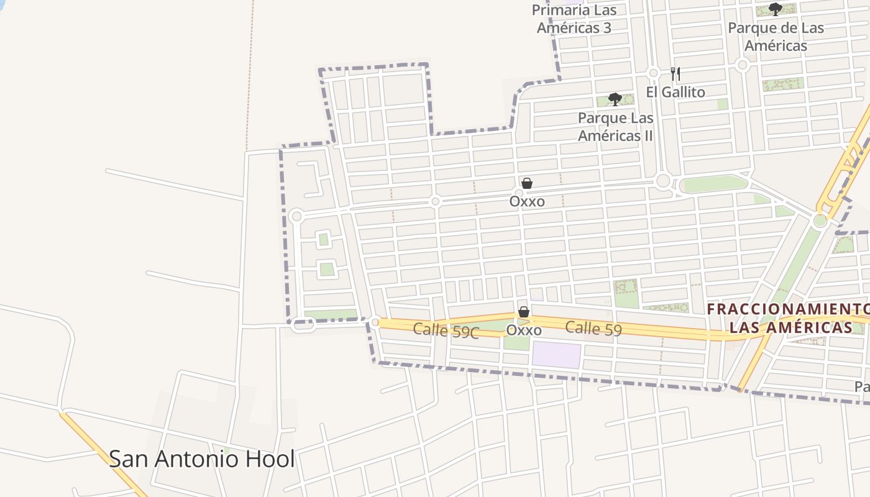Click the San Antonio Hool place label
tap(201, 459)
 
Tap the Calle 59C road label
tap(446, 331)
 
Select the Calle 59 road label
tap(593, 329)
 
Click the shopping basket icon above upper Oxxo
tap(527, 183)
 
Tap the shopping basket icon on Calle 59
tap(524, 312)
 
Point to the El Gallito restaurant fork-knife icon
tap(675, 75)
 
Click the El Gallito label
tap(675, 93)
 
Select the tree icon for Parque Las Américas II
tap(615, 99)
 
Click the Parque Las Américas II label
tap(615, 127)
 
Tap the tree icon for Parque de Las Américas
tap(775, 9)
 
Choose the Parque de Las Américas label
tap(776, 37)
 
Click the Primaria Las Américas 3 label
tap(574, 19)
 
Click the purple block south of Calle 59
tap(556, 354)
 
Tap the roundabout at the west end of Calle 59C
tap(375, 322)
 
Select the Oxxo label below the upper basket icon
tap(527, 201)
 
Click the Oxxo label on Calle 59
tap(524, 331)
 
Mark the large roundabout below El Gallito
tap(663, 181)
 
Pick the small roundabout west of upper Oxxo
tap(435, 201)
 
